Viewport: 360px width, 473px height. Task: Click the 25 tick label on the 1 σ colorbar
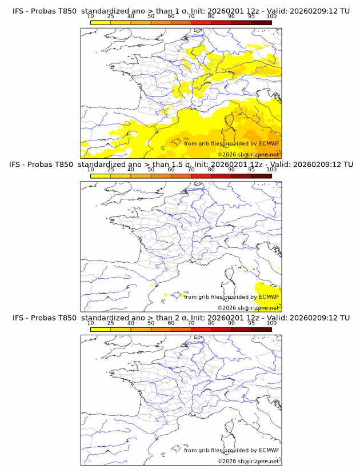click(110, 16)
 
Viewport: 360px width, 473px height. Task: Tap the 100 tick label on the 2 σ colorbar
click(271, 323)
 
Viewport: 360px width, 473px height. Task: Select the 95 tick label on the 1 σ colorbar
click(251, 16)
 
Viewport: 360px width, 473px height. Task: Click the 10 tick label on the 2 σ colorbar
click(90, 323)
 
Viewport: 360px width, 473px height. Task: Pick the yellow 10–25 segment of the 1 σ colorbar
click(101, 22)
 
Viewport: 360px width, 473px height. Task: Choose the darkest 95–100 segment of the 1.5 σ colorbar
click(261, 176)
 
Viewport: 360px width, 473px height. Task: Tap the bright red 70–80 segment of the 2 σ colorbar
click(201, 329)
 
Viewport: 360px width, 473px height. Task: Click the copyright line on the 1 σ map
click(248, 154)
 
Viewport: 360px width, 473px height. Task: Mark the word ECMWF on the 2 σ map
click(269, 450)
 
